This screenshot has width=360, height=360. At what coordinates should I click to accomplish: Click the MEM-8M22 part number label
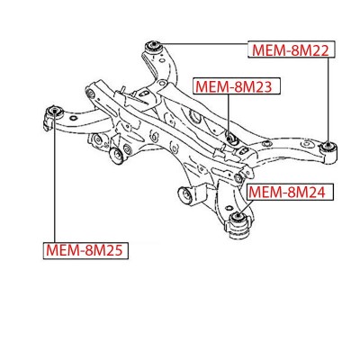tap(291, 49)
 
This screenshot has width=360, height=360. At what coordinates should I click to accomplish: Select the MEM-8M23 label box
tap(237, 86)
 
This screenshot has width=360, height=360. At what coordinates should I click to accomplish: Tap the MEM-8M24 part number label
tap(290, 192)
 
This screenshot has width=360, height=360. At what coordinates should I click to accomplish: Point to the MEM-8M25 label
tap(85, 250)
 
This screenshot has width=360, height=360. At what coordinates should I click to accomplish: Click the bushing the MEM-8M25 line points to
tap(55, 112)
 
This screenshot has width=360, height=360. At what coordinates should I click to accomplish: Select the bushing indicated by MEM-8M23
tap(230, 139)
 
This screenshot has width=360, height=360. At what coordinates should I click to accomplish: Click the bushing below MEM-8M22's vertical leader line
tap(329, 147)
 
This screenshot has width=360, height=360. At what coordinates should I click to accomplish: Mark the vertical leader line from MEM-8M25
tap(55, 177)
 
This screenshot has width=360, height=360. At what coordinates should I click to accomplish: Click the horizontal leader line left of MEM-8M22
tap(205, 44)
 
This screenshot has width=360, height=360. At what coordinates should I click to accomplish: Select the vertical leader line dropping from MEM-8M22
tap(328, 101)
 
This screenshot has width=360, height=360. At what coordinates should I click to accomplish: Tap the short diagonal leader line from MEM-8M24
tap(246, 207)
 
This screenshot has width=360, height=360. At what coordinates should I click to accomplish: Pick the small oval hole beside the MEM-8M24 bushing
tap(229, 207)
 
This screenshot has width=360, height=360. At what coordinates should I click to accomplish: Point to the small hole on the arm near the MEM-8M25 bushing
tap(72, 118)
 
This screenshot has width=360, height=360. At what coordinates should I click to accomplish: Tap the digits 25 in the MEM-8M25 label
tap(114, 251)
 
